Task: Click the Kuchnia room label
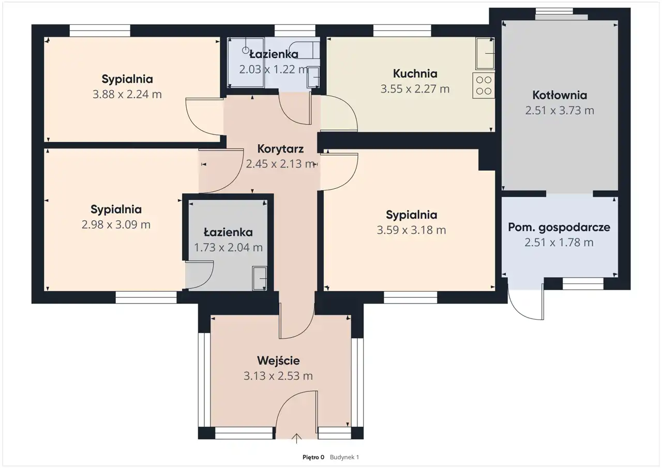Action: (415, 73)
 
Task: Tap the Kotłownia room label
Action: (560, 95)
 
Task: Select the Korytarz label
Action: (280, 149)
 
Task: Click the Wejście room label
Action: (278, 361)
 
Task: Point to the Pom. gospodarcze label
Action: (559, 227)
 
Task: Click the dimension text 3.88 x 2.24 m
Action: (127, 94)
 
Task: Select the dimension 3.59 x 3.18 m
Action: (411, 230)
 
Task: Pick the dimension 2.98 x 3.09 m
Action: (116, 224)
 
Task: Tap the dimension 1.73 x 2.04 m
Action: (228, 247)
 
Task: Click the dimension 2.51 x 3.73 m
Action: (560, 110)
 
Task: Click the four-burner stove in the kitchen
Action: (484, 85)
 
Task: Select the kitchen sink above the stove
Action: (485, 53)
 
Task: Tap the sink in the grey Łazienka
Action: (260, 278)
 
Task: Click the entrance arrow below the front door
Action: (296, 439)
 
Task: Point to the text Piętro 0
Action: (313, 457)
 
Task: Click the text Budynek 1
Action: (344, 457)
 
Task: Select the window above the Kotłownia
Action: (554, 11)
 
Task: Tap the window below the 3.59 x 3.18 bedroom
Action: (411, 297)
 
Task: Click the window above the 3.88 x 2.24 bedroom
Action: (100, 31)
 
